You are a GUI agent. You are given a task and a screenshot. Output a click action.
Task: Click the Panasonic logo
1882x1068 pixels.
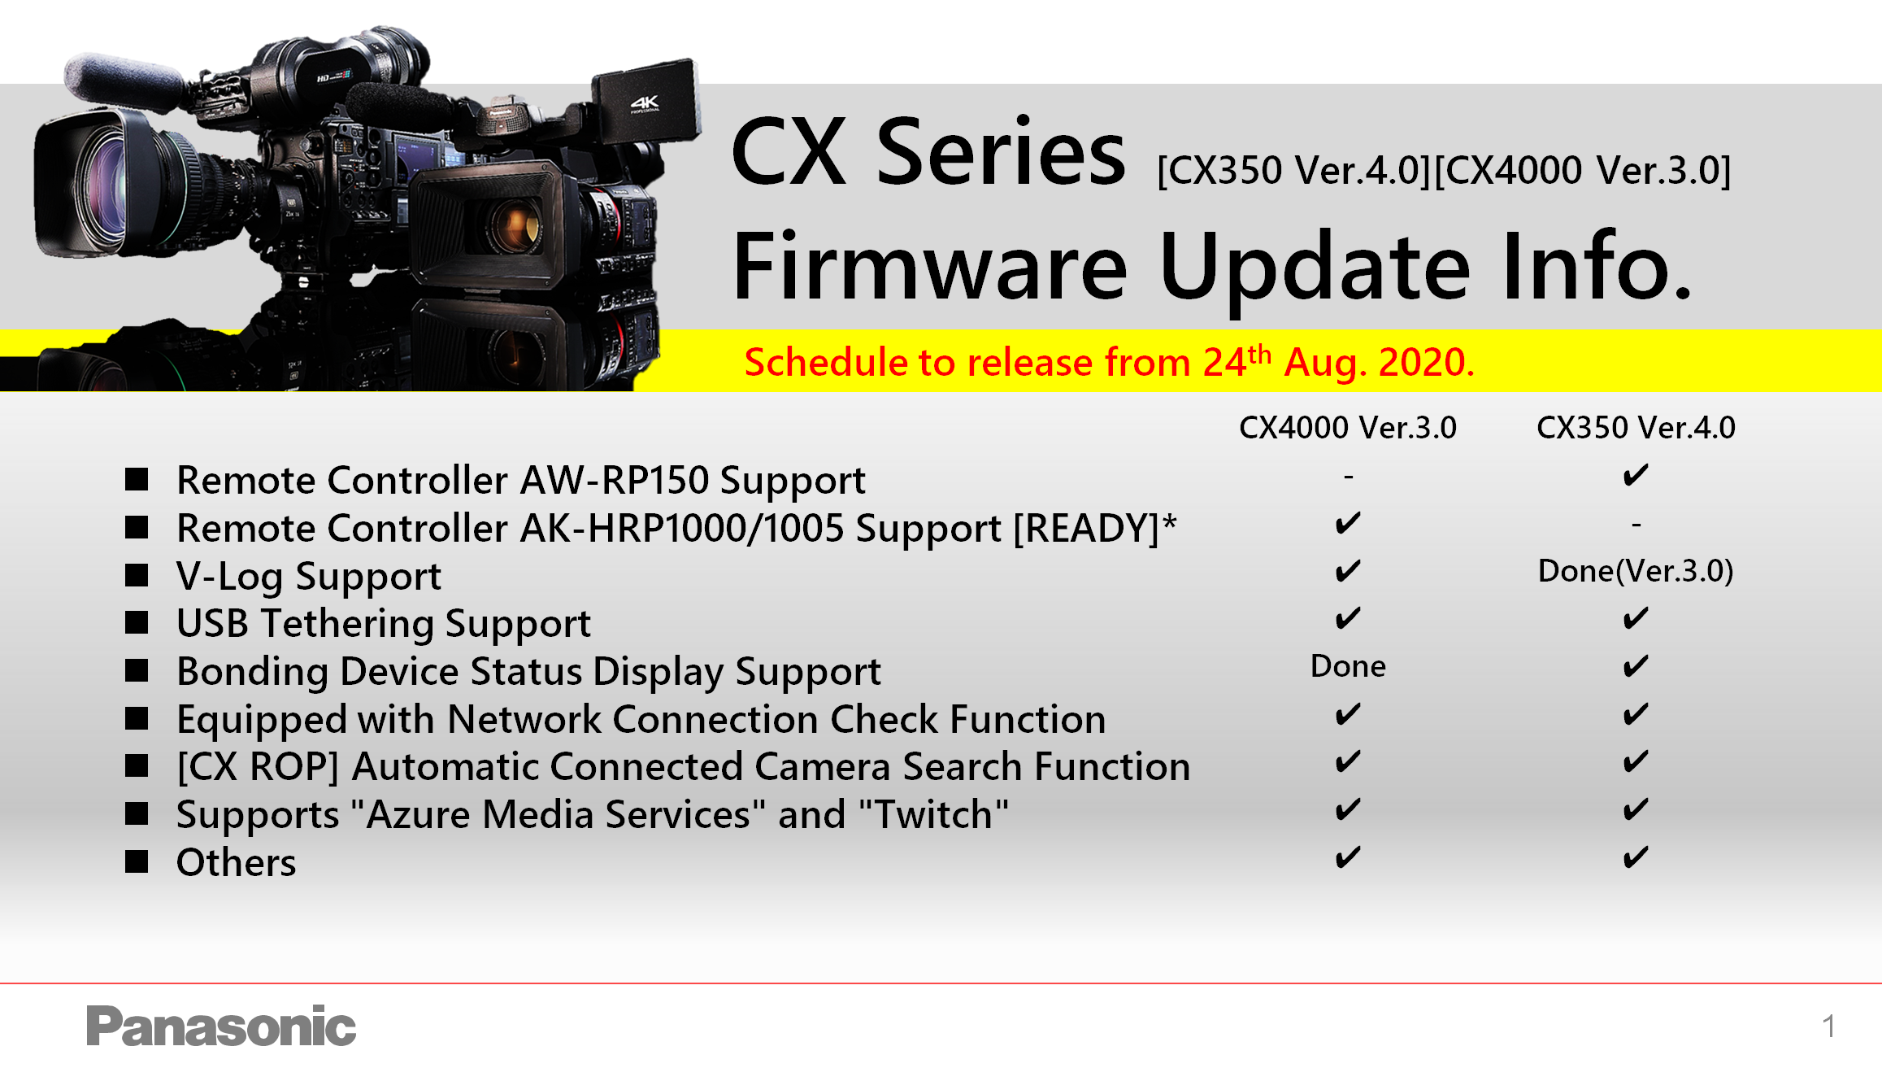(x=221, y=1026)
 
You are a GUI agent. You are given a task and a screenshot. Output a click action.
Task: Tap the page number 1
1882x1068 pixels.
(x=1828, y=1027)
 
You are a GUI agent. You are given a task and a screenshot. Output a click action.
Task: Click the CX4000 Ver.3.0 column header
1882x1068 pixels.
(x=1347, y=428)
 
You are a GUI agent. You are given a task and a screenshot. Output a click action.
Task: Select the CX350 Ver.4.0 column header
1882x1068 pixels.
(x=1636, y=428)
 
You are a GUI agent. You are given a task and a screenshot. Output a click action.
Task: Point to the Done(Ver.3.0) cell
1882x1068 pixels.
(x=1636, y=571)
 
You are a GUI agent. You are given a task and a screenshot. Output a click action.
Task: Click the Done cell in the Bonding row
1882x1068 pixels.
(x=1348, y=666)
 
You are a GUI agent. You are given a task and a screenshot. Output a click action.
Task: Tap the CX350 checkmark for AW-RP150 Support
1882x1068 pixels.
(x=1636, y=475)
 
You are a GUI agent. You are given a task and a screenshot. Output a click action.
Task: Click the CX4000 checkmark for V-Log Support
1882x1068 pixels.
(x=1348, y=571)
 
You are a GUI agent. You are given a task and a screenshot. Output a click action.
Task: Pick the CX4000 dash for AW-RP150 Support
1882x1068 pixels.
(x=1349, y=477)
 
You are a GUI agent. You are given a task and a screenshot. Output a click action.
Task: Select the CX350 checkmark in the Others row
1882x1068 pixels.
(x=1636, y=858)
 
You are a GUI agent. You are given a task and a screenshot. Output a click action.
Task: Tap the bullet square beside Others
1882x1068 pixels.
(x=137, y=861)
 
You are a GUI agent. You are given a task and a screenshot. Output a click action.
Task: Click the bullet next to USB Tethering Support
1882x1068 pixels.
(x=137, y=622)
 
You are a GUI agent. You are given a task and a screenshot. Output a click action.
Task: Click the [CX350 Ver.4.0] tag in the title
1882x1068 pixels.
(x=1294, y=171)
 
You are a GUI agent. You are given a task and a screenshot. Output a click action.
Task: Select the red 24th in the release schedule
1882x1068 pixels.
(x=1237, y=361)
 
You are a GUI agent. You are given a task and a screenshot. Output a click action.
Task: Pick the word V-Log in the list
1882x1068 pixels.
(x=230, y=577)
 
